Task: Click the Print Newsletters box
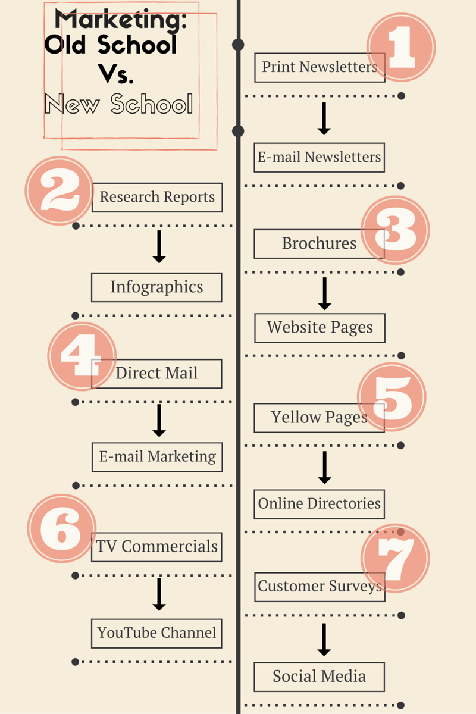(x=320, y=68)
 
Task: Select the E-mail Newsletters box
(x=319, y=158)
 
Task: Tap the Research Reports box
(x=157, y=198)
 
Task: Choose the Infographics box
(x=156, y=287)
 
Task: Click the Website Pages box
(x=320, y=328)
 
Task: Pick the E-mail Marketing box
(x=157, y=457)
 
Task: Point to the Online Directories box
(x=319, y=505)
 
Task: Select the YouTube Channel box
(x=156, y=633)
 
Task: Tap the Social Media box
(x=319, y=677)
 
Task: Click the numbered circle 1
(x=401, y=47)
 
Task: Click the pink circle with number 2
(x=59, y=190)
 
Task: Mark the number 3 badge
(x=395, y=230)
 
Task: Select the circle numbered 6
(x=61, y=528)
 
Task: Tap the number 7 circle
(x=395, y=558)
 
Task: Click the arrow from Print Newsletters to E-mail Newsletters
(x=324, y=118)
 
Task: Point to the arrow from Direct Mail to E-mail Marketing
(x=159, y=421)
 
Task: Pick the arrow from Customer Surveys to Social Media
(x=324, y=640)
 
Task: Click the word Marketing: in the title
(x=121, y=20)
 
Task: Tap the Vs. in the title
(x=116, y=74)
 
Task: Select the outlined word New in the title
(x=72, y=104)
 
